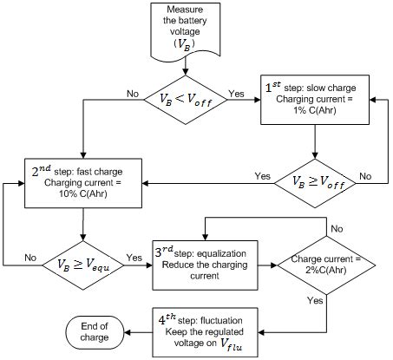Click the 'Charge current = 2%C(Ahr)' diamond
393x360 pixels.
click(x=326, y=258)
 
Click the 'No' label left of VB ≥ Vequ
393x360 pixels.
click(x=31, y=258)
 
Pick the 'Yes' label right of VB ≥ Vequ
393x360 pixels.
click(x=134, y=258)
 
